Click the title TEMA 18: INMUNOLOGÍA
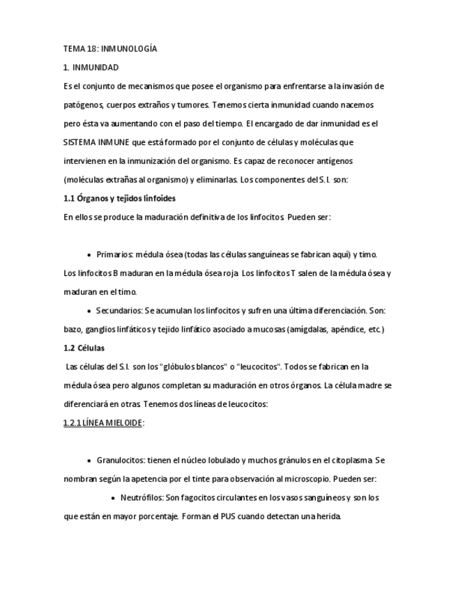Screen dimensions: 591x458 click(109, 49)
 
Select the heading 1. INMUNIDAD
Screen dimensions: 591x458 click(91, 68)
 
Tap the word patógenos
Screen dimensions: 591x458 click(83, 105)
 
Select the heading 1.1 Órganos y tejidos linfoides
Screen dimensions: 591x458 click(119, 199)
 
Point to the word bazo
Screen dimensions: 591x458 click(72, 329)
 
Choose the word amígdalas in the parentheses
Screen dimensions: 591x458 click(306, 329)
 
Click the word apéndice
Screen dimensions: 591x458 click(348, 329)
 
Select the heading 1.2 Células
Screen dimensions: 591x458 click(84, 348)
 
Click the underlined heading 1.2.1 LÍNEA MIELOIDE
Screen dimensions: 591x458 click(102, 422)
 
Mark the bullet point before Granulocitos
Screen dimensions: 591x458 click(89, 461)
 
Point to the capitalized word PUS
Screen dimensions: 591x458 click(229, 516)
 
